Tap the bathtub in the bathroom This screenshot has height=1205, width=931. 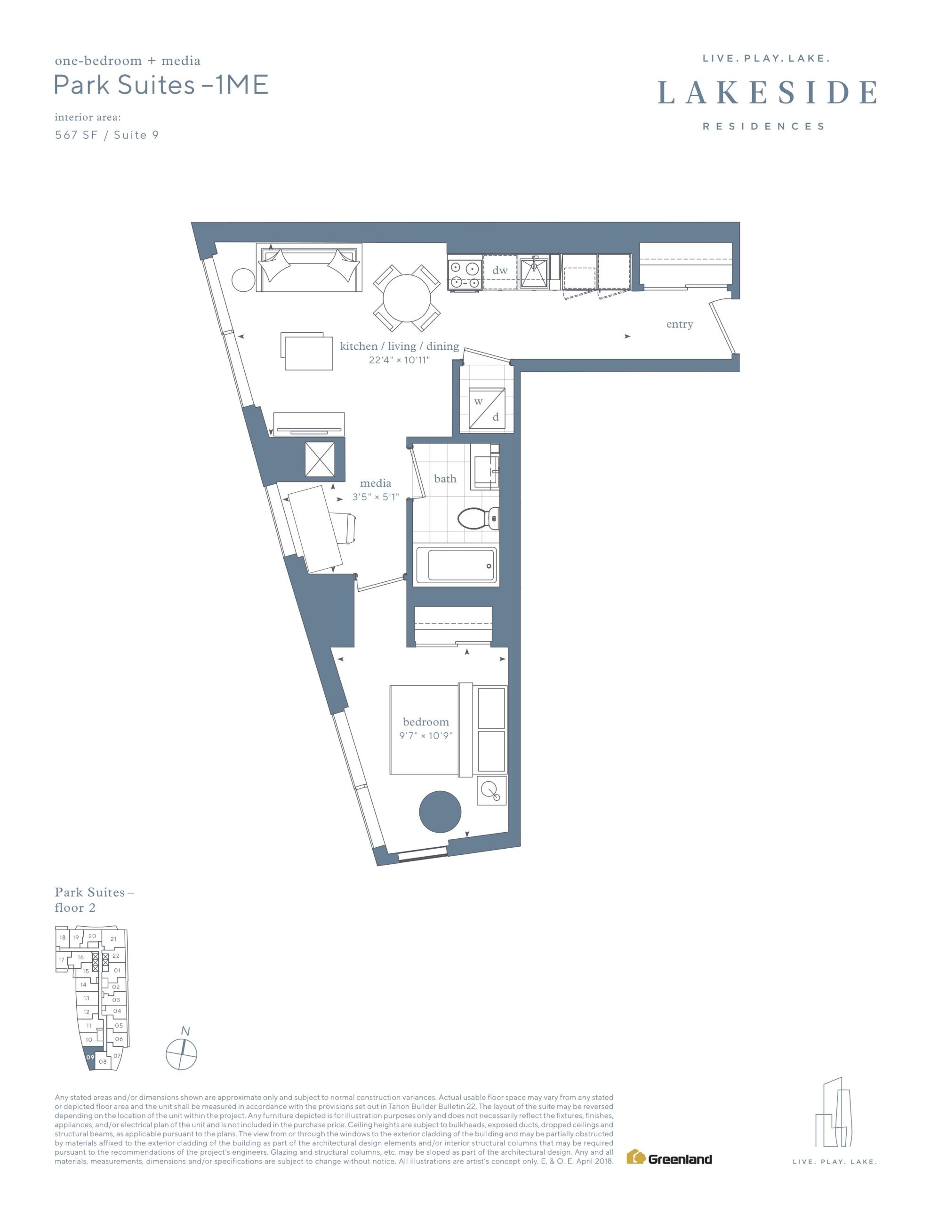coord(456,565)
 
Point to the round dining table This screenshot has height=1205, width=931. coord(407,298)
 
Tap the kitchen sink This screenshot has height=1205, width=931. coord(535,272)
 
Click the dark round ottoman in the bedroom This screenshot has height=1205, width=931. coord(440,811)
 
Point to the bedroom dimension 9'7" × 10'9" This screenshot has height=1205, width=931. coord(426,735)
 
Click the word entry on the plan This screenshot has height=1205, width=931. coord(679,324)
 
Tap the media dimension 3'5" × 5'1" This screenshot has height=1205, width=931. coord(376,497)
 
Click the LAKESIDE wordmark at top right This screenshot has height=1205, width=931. coord(767,92)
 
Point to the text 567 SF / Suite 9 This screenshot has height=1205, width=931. coord(106,135)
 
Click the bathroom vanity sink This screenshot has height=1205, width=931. coord(485,467)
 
